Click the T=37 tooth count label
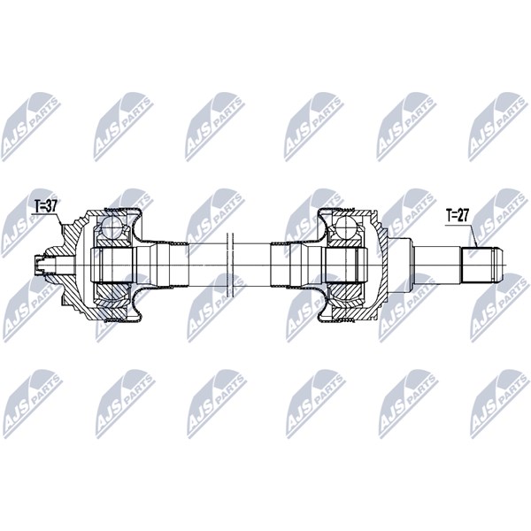pyautogui.click(x=46, y=206)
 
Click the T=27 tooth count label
pyautogui.click(x=458, y=215)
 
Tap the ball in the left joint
pyautogui.click(x=112, y=227)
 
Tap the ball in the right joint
pyautogui.click(x=346, y=226)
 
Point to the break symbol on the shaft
pyautogui.click(x=229, y=265)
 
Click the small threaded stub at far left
pyautogui.click(x=40, y=265)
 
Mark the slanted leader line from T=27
pyautogui.click(x=474, y=235)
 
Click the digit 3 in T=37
pyautogui.click(x=48, y=206)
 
